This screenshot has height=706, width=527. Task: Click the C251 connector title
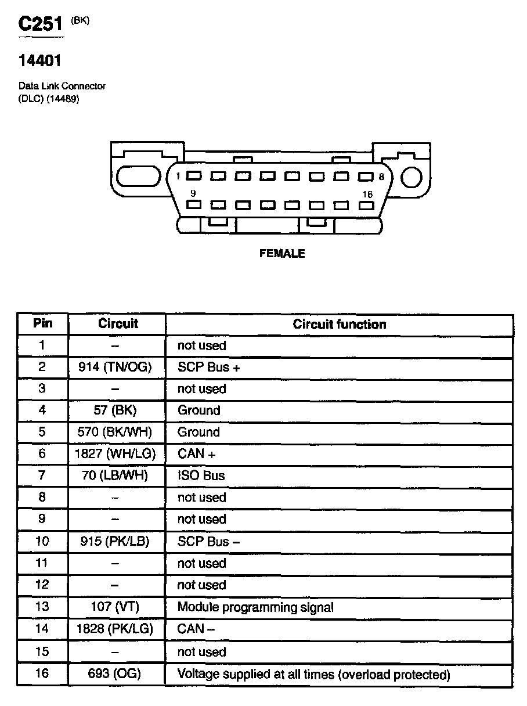[x=40, y=24]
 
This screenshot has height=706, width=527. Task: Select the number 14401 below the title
[x=40, y=60]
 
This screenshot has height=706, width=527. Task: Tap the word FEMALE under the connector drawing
[x=282, y=254]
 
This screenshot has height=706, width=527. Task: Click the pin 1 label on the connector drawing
[x=178, y=176]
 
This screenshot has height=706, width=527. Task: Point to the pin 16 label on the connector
[x=367, y=194]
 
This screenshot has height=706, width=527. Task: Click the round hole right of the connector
[x=412, y=177]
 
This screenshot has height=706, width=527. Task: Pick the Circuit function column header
[x=339, y=324]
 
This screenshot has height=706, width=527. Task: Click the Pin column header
[x=42, y=323]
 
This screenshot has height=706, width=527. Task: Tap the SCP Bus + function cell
[x=209, y=368]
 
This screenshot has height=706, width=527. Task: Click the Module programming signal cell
[x=255, y=607]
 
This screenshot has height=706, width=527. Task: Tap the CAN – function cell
[x=196, y=629]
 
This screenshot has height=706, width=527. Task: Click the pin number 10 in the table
[x=42, y=541]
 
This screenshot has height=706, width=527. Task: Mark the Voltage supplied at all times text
[x=313, y=675]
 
